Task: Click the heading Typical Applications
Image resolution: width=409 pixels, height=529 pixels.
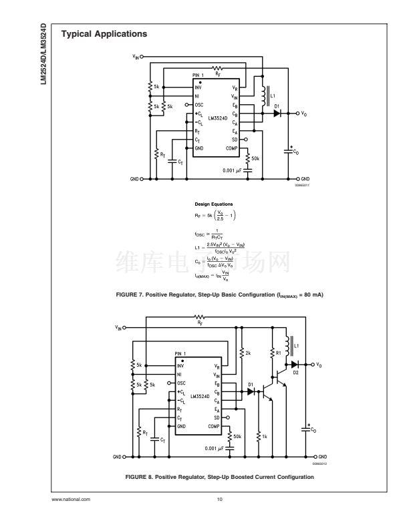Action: (104, 33)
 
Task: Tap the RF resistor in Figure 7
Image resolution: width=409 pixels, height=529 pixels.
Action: (218, 68)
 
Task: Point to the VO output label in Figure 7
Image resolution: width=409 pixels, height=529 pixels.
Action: (305, 114)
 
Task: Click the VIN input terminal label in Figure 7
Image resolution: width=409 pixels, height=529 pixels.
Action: (136, 57)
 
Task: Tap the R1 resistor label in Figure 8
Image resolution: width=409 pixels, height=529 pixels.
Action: (279, 352)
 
